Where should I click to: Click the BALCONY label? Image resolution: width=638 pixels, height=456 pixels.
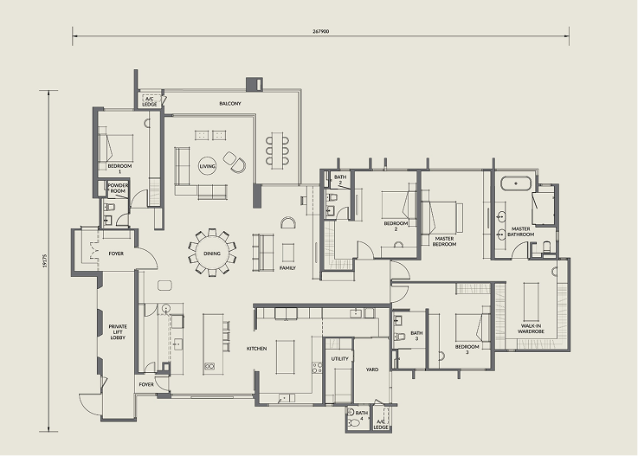[230, 104]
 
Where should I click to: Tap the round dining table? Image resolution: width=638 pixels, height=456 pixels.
[211, 253]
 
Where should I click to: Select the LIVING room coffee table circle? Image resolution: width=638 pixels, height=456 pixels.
[208, 166]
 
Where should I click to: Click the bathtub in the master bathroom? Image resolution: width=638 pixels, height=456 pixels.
[516, 183]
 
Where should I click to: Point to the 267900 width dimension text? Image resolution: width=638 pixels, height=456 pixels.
[320, 31]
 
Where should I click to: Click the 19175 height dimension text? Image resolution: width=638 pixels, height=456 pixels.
[45, 260]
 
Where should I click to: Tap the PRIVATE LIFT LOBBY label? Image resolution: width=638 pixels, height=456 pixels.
[118, 332]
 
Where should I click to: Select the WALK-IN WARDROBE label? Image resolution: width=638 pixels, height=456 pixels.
[531, 329]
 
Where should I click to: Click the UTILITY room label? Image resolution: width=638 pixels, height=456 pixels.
[339, 359]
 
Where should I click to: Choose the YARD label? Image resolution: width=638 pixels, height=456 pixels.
[372, 369]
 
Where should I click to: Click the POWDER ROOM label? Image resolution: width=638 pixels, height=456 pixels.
[118, 188]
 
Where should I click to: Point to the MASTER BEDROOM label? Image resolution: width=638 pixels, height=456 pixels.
[444, 241]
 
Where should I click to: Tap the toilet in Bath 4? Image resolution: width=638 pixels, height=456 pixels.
[355, 423]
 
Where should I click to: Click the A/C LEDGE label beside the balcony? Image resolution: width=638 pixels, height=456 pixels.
[149, 102]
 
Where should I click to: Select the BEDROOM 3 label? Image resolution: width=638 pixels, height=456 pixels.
[467, 350]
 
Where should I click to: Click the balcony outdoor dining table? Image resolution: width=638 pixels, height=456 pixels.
[277, 150]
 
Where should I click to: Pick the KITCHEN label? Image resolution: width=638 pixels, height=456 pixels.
[257, 349]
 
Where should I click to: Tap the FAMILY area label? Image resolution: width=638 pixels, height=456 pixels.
[287, 268]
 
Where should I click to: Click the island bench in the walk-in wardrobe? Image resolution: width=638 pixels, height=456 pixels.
[531, 301]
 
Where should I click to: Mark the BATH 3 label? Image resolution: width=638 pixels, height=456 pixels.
[416, 336]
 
